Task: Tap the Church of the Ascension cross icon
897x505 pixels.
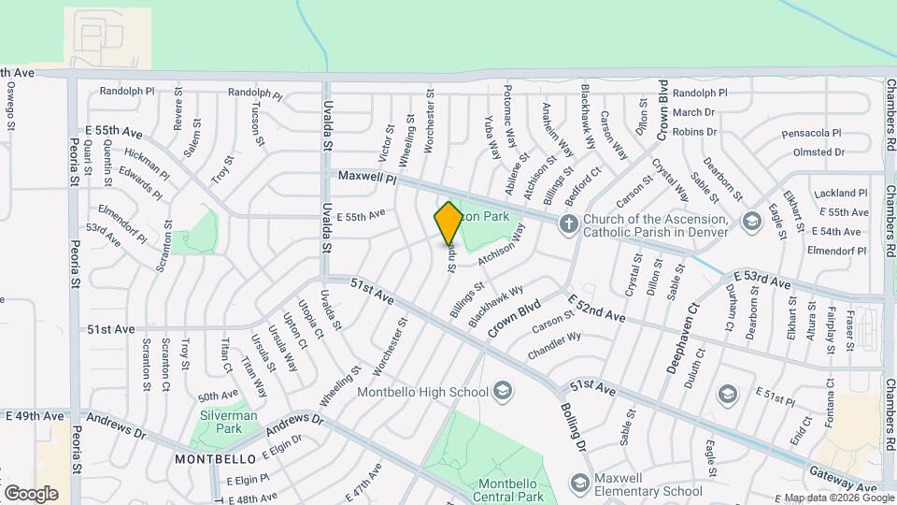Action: click(x=567, y=223)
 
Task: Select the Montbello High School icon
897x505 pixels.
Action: click(x=503, y=390)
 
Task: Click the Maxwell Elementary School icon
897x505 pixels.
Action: click(x=579, y=483)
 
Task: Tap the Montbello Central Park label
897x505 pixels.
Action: click(x=510, y=490)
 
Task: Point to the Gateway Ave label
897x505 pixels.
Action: click(x=844, y=481)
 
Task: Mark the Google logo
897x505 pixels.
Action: click(x=31, y=494)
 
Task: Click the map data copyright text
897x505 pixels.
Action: click(x=838, y=498)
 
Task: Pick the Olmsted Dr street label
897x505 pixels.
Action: click(x=819, y=151)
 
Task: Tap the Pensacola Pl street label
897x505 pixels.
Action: click(x=812, y=133)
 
